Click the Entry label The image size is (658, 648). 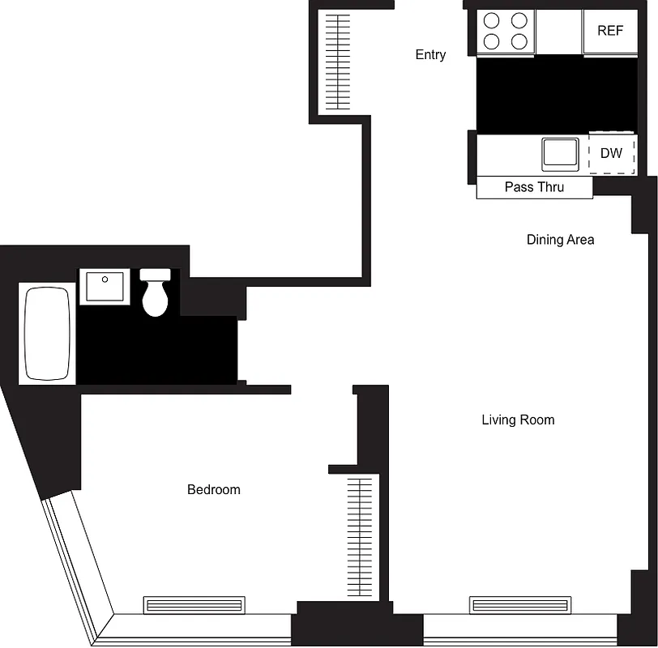pos(430,55)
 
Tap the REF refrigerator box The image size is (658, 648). pos(610,32)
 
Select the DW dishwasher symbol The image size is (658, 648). pos(611,153)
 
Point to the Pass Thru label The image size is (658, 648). pos(534,187)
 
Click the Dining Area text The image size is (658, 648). pos(560,240)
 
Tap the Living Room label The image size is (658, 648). pos(518,420)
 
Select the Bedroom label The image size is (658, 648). pos(214,489)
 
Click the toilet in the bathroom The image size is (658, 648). pos(156,296)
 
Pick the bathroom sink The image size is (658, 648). pos(104,288)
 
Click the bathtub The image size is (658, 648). pos(48,333)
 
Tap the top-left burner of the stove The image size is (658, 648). pos(492,21)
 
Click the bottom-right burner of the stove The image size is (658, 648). pos(519,40)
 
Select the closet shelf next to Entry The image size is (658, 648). pos(335,62)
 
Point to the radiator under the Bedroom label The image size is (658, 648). pos(194,605)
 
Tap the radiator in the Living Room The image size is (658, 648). pos(518,605)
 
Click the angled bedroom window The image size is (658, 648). pos(79,567)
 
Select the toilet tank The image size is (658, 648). pos(156,275)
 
